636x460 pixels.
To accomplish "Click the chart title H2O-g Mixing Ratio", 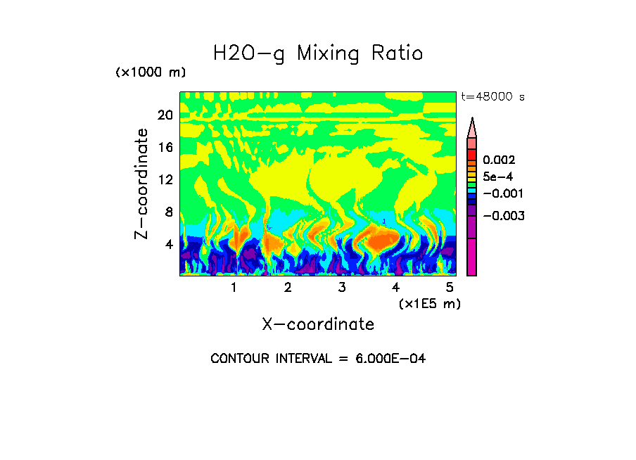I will pos(318,53).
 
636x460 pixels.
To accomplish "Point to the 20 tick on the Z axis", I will pos(165,115).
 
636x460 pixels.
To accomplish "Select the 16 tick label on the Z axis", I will pos(165,148).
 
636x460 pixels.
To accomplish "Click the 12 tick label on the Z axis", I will pos(165,179).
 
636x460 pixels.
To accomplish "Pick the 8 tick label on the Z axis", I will pos(168,212).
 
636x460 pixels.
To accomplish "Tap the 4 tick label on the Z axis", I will pos(168,244).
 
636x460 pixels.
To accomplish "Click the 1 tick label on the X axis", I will pos(234,288).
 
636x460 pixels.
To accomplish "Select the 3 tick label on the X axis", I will pos(341,288).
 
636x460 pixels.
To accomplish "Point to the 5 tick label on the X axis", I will pos(449,288).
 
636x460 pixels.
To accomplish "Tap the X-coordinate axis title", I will pos(318,324).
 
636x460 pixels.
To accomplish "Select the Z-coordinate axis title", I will pos(141,184).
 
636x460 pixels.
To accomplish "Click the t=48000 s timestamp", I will pos(492,97).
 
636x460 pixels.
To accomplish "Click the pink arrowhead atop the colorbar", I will pos(472,127).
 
